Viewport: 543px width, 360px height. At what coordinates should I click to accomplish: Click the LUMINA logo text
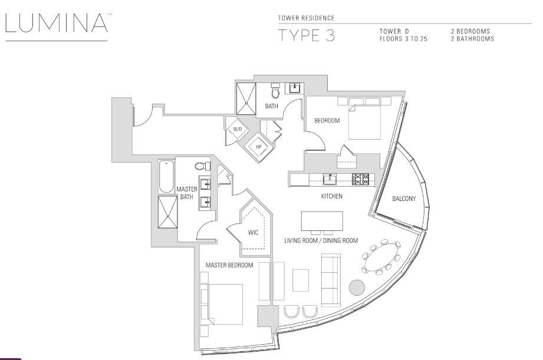click(57, 23)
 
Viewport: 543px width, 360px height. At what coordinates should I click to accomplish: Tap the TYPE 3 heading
click(307, 36)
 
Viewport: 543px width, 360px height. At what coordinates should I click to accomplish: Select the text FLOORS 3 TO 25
click(403, 39)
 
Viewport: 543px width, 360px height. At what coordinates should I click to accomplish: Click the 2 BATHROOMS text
click(472, 39)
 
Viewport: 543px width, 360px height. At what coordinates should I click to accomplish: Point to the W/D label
click(237, 130)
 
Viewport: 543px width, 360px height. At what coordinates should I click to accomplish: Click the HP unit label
click(259, 147)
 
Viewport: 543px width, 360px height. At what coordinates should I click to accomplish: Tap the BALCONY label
click(404, 199)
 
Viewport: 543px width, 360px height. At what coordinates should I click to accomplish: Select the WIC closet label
click(253, 233)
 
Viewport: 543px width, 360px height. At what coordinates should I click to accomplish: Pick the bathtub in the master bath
click(167, 176)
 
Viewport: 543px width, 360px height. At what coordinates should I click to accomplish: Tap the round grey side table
click(357, 288)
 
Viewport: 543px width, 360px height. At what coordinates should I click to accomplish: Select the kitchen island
click(322, 221)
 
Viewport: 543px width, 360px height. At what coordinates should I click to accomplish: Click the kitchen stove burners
click(361, 179)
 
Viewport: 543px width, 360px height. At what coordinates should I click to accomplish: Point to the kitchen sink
click(330, 179)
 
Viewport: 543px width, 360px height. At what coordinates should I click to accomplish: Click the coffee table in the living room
click(301, 280)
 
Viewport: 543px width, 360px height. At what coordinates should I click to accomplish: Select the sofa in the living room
click(330, 280)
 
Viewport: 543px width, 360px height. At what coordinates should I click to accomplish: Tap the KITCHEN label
click(332, 196)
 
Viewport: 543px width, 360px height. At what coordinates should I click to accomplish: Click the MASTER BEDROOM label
click(229, 265)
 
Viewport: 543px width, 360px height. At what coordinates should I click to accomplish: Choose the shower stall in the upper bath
click(246, 98)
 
